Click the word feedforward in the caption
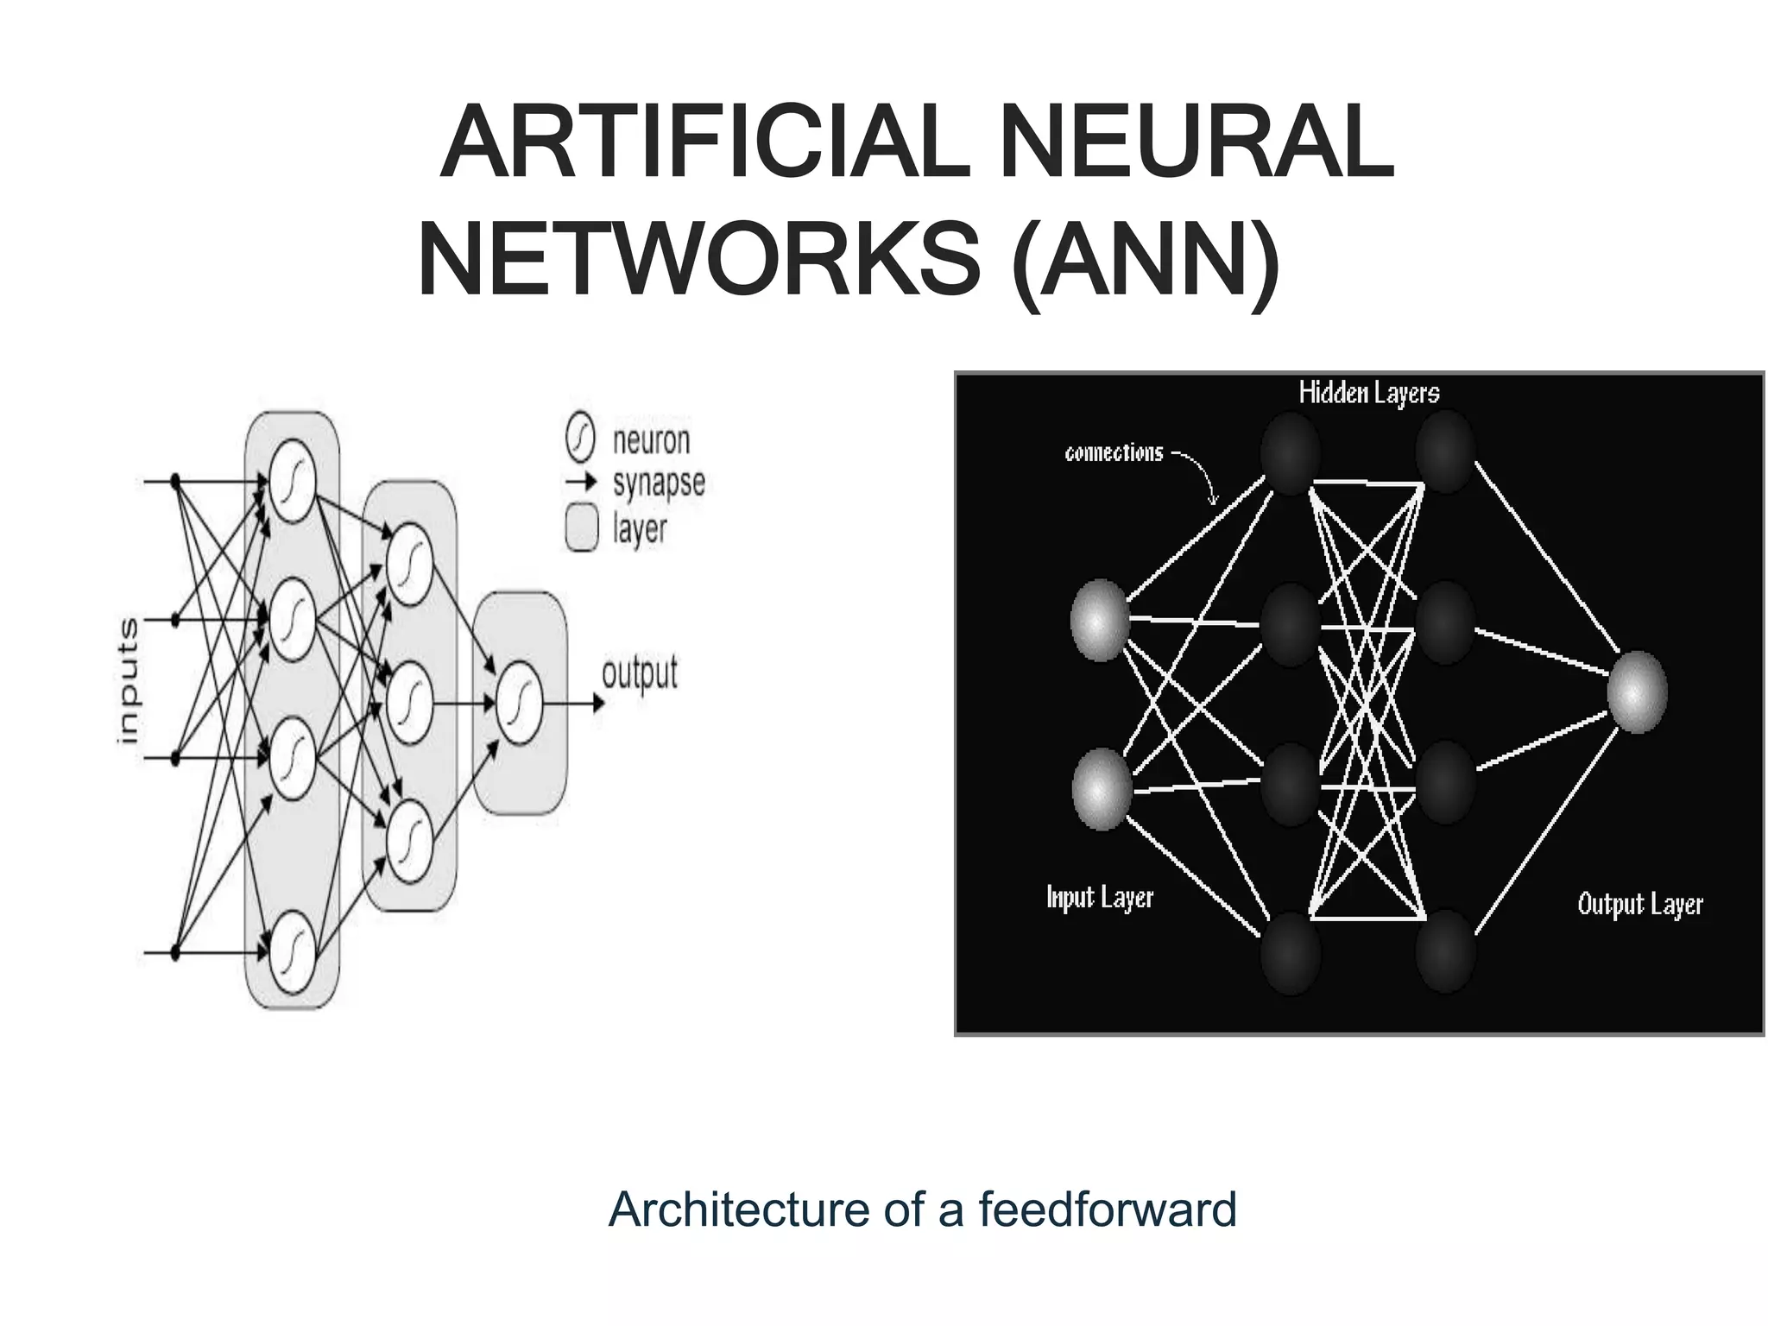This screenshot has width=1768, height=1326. click(1108, 1209)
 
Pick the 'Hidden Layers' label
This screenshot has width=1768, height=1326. click(1369, 394)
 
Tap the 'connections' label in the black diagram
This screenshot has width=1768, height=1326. click(1114, 453)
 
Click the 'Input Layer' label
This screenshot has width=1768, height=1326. click(1100, 898)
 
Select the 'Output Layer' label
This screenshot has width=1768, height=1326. click(1640, 905)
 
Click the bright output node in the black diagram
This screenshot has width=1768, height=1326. click(1637, 692)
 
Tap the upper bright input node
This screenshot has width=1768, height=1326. click(1100, 620)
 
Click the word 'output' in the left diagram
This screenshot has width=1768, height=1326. click(640, 673)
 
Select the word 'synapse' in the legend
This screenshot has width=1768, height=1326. click(659, 483)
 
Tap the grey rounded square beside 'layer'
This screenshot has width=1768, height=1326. click(582, 528)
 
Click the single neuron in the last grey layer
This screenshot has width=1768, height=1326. click(520, 703)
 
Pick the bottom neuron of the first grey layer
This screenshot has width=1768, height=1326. click(292, 952)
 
